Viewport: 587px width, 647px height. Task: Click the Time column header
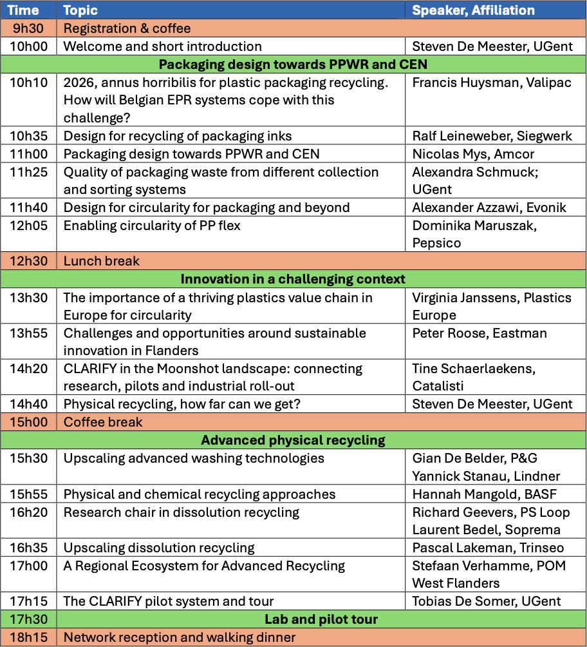[24, 10]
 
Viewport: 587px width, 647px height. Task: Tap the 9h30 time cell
[26, 28]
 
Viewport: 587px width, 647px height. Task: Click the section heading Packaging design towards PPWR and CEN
[293, 64]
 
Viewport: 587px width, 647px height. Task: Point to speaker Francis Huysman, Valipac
[492, 82]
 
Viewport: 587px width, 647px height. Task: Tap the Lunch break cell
[101, 261]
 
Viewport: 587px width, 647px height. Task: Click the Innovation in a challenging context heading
[293, 279]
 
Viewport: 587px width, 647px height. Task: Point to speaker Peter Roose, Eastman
[480, 333]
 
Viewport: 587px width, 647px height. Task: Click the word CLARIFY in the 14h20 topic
[89, 369]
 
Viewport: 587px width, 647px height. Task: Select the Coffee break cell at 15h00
[103, 422]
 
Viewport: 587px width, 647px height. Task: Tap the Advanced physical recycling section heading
[293, 440]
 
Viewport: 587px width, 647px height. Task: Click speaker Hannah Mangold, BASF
[484, 494]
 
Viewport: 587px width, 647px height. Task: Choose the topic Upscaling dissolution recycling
[159, 548]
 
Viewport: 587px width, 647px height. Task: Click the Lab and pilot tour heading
[321, 619]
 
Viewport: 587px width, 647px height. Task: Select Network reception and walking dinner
[180, 637]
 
